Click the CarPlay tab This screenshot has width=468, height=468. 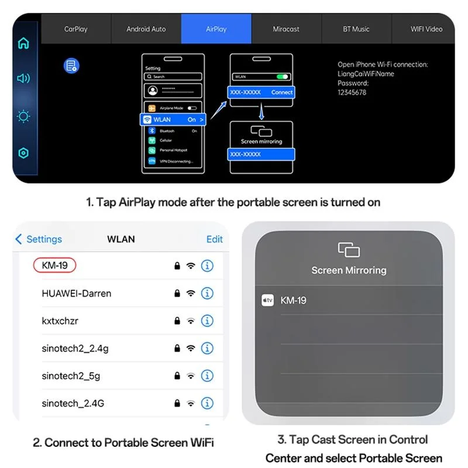(x=75, y=29)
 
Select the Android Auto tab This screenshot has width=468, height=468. (x=146, y=29)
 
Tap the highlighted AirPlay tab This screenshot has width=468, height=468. (x=216, y=29)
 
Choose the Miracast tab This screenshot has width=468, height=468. (x=286, y=29)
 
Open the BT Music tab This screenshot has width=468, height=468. (x=356, y=29)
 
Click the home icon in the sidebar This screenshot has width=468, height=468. (x=23, y=43)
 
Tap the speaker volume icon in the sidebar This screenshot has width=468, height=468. (x=23, y=78)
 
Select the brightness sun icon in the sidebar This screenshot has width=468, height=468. (x=23, y=116)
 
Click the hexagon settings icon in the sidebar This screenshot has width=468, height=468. (x=23, y=153)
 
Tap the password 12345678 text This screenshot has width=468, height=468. (x=352, y=92)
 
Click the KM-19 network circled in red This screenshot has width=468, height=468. (x=55, y=266)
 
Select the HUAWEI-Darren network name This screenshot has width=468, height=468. (x=76, y=293)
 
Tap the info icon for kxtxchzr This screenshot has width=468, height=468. (x=207, y=321)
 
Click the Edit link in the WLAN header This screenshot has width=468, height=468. (x=215, y=239)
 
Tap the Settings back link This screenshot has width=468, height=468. (x=39, y=239)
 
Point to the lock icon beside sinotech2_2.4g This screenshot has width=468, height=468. (x=177, y=348)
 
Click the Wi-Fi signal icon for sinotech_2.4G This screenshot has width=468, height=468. (x=191, y=404)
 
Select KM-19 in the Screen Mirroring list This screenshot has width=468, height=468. (x=293, y=300)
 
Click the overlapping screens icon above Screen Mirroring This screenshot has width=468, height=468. (x=349, y=250)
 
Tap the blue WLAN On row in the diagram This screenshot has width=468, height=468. (x=174, y=119)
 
